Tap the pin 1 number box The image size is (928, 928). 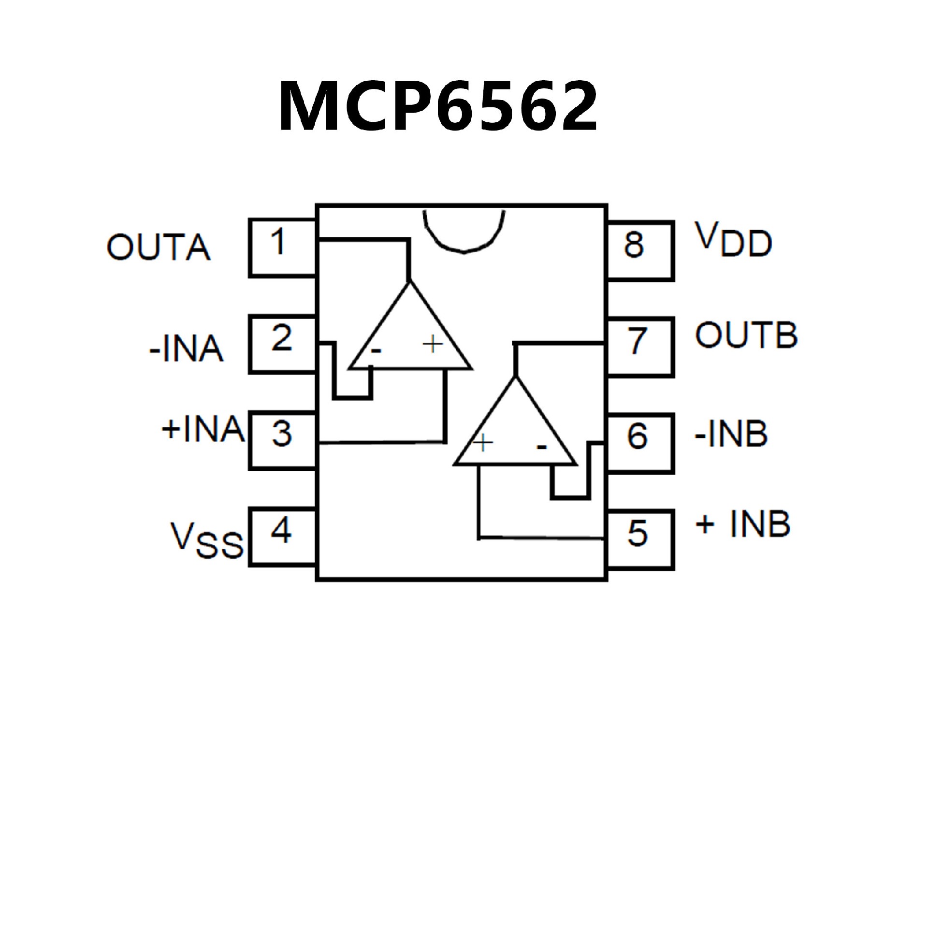point(282,247)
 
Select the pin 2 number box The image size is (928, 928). point(282,344)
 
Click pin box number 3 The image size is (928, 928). point(282,440)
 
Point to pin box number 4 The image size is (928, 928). point(282,536)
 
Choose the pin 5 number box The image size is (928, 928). point(640,540)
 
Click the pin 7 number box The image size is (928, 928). point(640,347)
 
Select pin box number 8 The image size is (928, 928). point(640,250)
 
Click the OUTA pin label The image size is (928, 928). point(159,247)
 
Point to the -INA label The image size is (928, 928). point(187,349)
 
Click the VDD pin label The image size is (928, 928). point(733,240)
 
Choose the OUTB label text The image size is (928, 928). point(746,335)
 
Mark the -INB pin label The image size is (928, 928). point(731,434)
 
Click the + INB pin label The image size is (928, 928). point(742,524)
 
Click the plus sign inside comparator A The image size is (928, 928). point(433,344)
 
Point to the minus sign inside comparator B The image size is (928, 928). point(541,448)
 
